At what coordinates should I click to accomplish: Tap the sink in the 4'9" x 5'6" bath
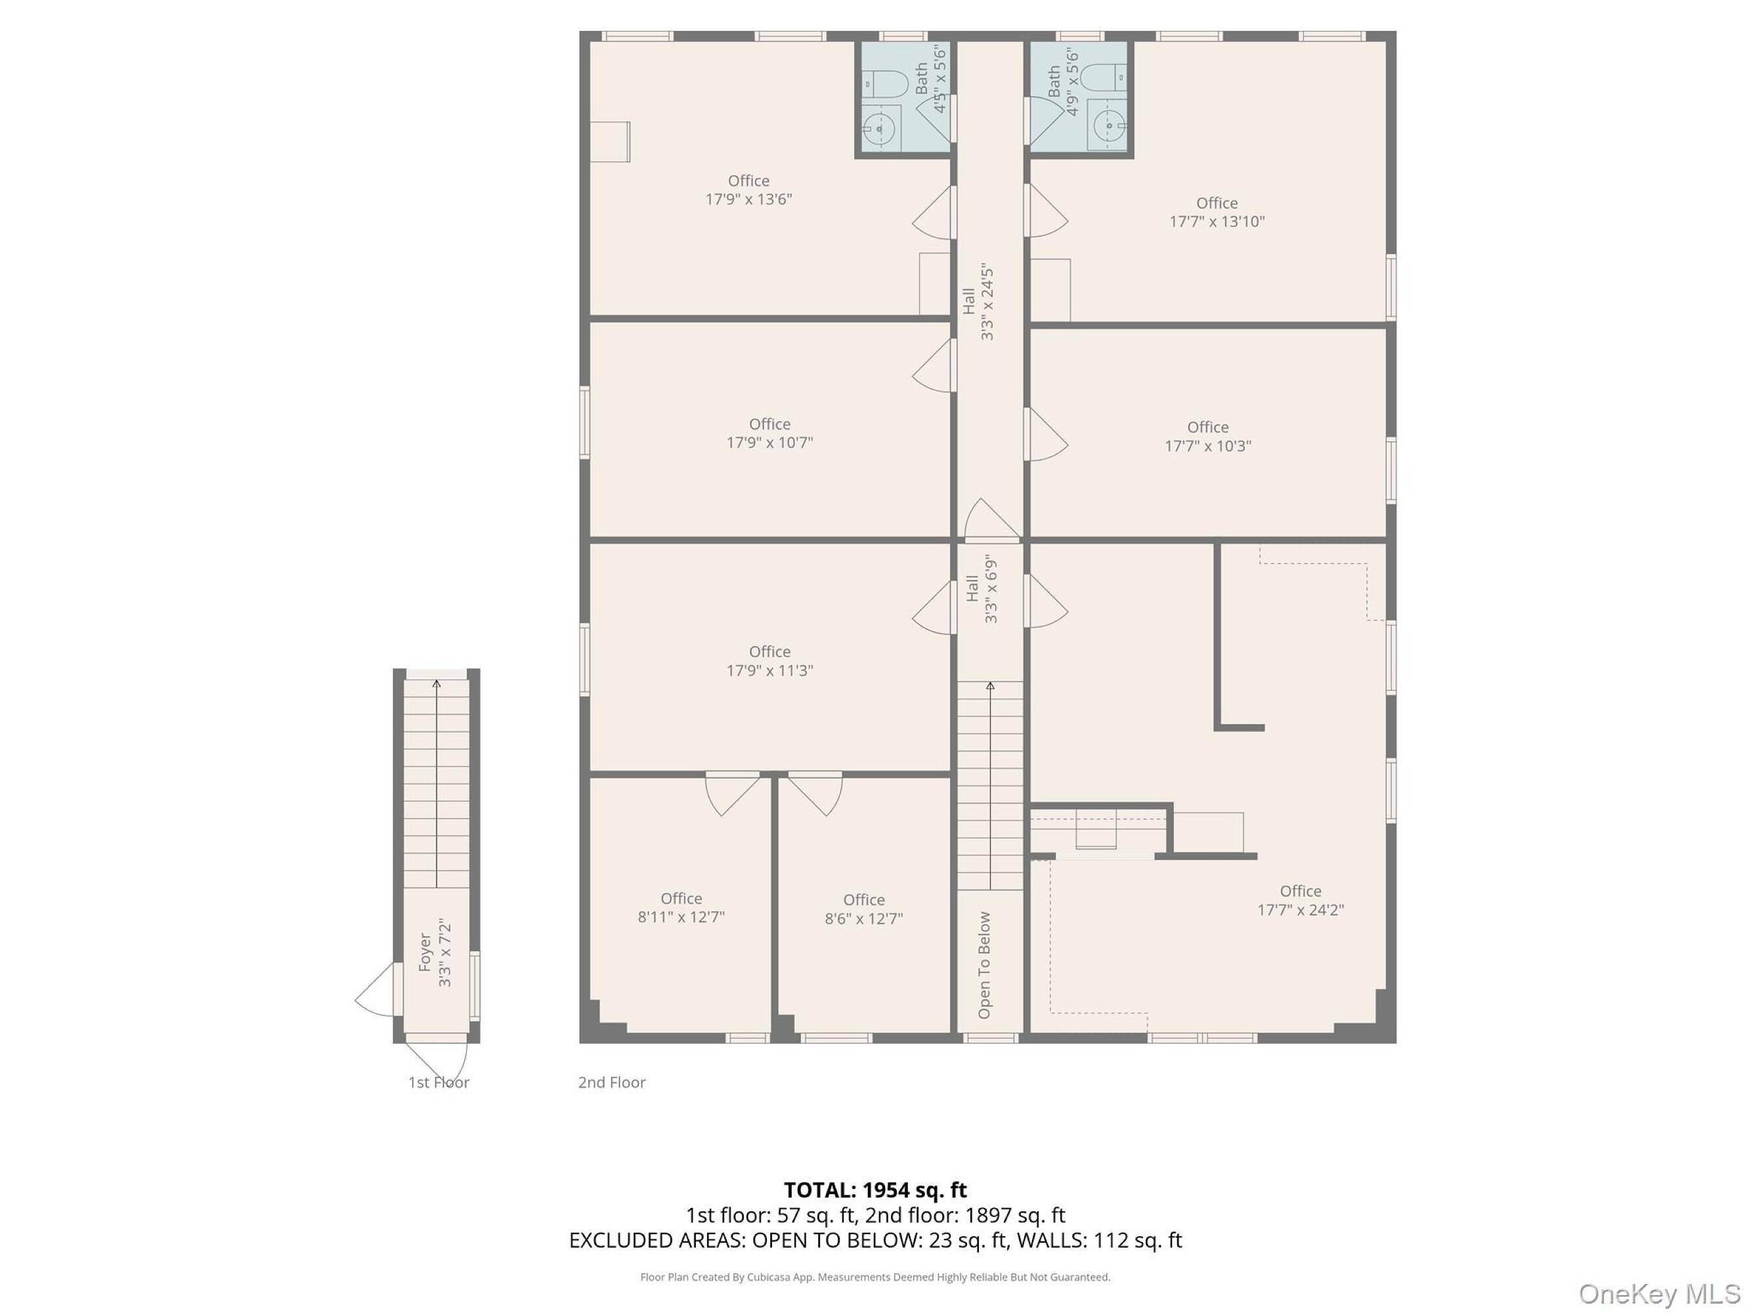[x=1108, y=125]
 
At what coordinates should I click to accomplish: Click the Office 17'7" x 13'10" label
[x=1217, y=212]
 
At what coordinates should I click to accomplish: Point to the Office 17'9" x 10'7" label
[x=769, y=433]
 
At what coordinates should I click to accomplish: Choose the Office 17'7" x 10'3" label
[x=1207, y=436]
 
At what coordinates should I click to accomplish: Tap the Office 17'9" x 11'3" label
[x=769, y=661]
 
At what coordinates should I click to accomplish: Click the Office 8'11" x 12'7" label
[x=681, y=907]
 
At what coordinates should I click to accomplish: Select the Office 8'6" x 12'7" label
[x=863, y=909]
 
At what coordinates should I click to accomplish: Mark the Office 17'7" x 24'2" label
[x=1301, y=900]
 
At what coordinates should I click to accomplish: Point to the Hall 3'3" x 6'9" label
[x=982, y=589]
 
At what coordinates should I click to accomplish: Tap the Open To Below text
[x=984, y=965]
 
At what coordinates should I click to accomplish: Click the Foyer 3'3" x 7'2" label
[x=435, y=953]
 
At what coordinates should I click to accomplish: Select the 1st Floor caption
[x=439, y=1082]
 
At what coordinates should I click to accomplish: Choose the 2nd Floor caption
[x=612, y=1082]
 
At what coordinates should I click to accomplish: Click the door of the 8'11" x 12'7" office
[x=732, y=793]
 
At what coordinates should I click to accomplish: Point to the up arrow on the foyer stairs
[x=436, y=783]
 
